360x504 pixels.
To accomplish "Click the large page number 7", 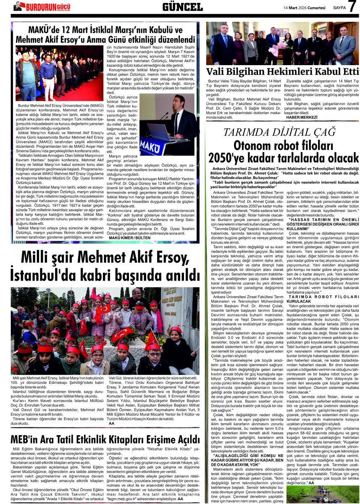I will click(352, 7).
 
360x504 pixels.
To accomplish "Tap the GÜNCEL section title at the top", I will click(182, 7).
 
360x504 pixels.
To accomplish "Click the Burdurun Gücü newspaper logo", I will click(42, 6).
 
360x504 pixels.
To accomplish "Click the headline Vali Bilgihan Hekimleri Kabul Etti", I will click(282, 71).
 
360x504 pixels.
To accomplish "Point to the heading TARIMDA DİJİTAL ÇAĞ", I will click(282, 133).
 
